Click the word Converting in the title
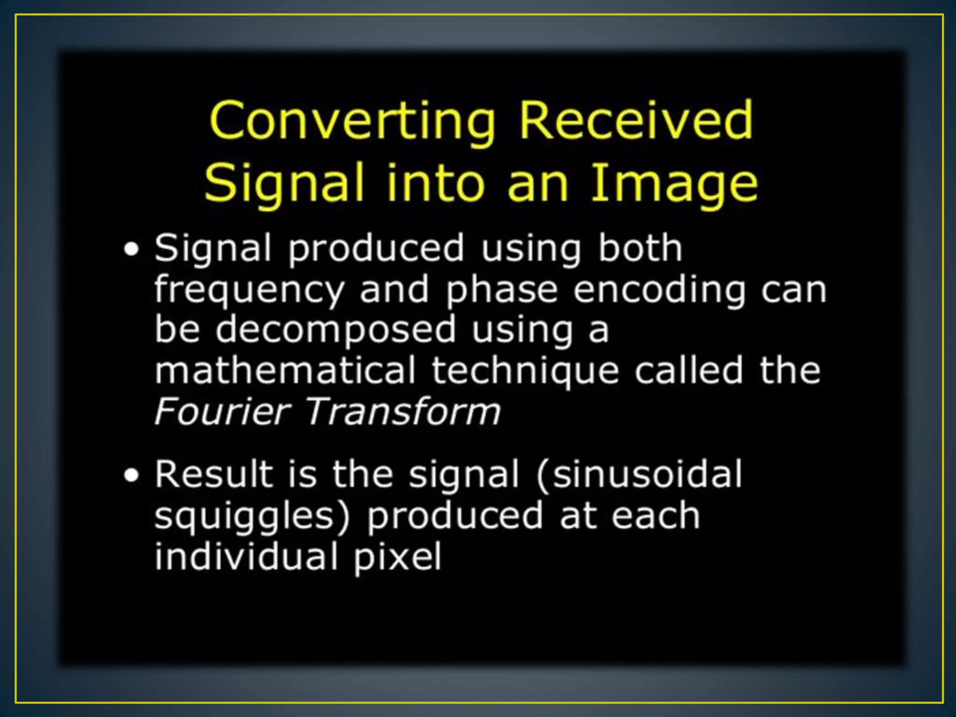[x=352, y=121]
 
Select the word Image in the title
[x=674, y=184]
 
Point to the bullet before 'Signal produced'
[x=132, y=249]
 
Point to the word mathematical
[x=285, y=370]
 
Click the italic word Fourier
[x=223, y=411]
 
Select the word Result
[x=214, y=474]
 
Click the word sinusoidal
[x=640, y=474]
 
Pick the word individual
[x=246, y=556]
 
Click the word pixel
[x=397, y=557]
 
